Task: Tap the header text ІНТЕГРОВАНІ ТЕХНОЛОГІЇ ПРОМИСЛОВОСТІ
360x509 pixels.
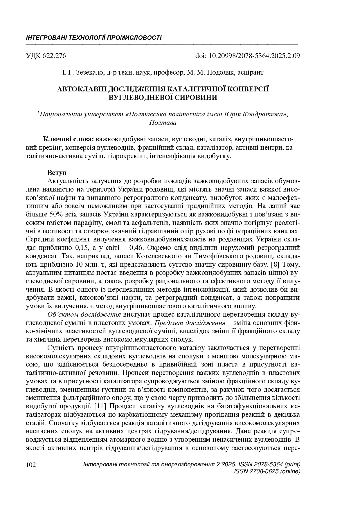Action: (94, 38)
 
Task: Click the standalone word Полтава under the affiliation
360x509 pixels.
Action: (163, 122)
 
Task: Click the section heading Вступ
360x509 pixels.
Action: (57, 173)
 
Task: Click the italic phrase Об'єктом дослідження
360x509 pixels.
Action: (84, 315)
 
